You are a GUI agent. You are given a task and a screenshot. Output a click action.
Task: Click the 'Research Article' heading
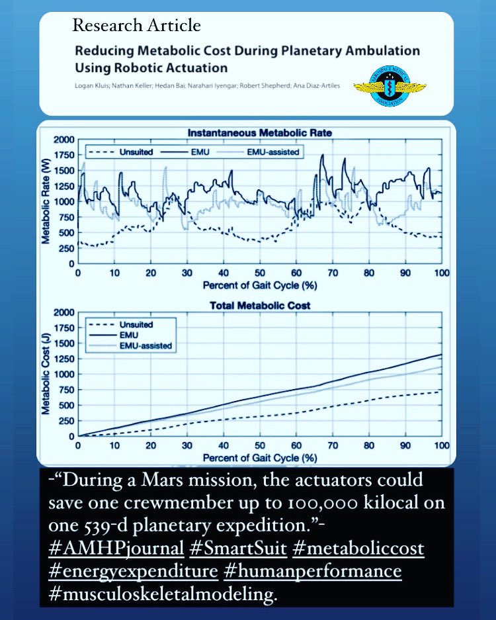pyautogui.click(x=137, y=26)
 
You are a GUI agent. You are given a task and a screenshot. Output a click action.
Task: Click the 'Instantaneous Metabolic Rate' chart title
pyautogui.click(x=259, y=132)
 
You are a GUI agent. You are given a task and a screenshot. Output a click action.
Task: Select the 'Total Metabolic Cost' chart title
pyautogui.click(x=259, y=306)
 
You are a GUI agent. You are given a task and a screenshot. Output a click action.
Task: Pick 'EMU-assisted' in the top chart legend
pyautogui.click(x=272, y=152)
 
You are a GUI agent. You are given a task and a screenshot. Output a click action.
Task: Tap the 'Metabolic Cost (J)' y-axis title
pyautogui.click(x=46, y=374)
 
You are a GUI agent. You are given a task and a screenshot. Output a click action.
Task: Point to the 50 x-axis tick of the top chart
pyautogui.click(x=259, y=273)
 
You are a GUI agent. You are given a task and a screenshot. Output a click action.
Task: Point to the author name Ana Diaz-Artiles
pyautogui.click(x=308, y=86)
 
